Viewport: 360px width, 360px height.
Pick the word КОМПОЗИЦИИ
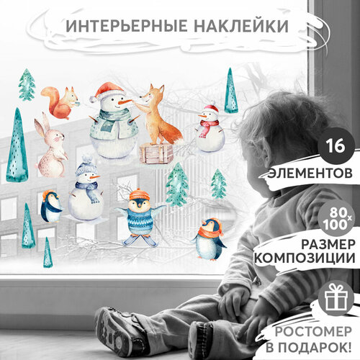point(312,257)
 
